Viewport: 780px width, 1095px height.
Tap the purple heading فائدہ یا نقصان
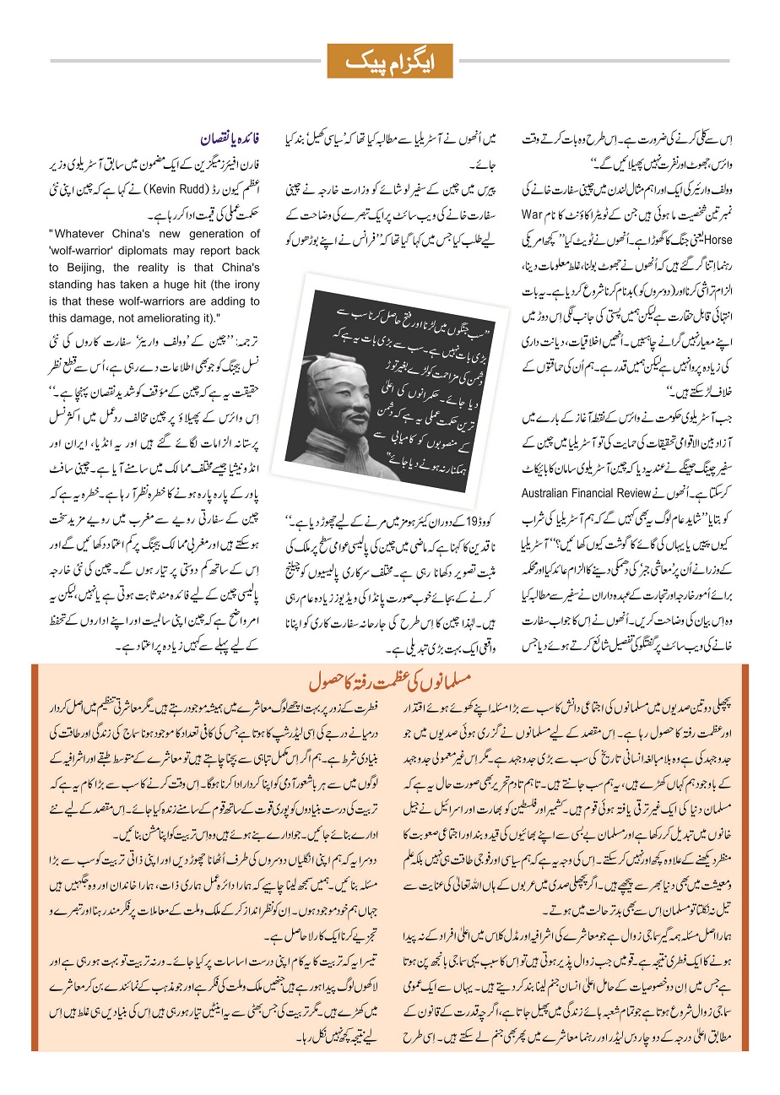coord(229,136)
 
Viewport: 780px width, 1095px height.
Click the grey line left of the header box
coord(186,61)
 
